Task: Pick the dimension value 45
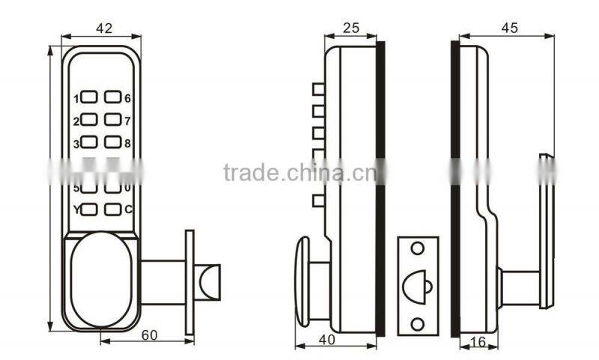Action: (x=508, y=28)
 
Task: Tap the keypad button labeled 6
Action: (x=112, y=97)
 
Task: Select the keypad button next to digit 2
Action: (x=89, y=119)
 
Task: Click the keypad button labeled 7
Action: (x=112, y=119)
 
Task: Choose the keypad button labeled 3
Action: (x=89, y=141)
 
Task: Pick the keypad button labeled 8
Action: (x=112, y=141)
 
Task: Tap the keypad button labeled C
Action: (x=112, y=210)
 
